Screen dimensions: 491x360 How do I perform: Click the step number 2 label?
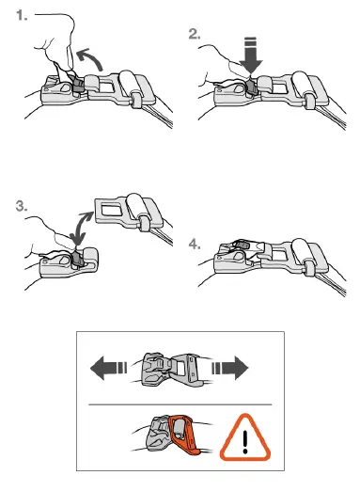pos(194,34)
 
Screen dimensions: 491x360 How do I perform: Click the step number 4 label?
pos(194,244)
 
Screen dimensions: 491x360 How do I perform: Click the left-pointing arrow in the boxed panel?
pos(107,366)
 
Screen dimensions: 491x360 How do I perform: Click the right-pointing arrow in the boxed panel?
pos(237,366)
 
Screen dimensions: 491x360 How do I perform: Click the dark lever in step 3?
pos(75,259)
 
